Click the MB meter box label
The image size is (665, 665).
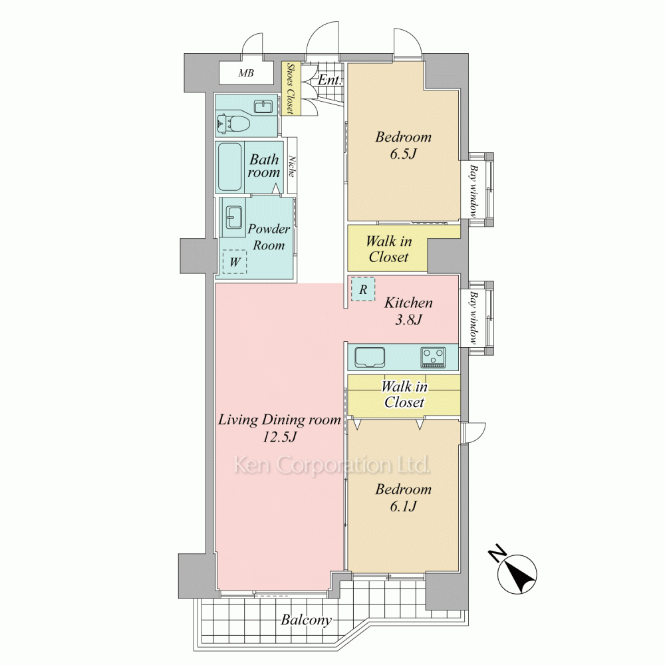(246, 73)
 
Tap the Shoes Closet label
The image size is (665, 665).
(291, 88)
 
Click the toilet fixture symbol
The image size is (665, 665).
(233, 123)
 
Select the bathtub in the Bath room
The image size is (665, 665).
(230, 167)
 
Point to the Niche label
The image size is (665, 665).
(292, 166)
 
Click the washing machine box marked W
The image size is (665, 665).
(235, 261)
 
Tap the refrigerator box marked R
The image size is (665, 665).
(363, 289)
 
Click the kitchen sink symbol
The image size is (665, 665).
(370, 358)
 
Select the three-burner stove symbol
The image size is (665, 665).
(433, 358)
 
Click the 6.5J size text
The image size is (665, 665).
(403, 154)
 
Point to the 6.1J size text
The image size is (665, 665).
(403, 506)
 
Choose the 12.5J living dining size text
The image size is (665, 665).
(279, 436)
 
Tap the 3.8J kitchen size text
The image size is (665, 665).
(408, 319)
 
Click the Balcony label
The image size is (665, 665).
(306, 620)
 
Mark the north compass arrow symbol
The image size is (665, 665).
(518, 574)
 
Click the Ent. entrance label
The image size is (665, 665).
(330, 80)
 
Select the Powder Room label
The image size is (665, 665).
(269, 237)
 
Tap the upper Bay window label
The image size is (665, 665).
(473, 190)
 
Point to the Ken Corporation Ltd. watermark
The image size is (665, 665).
(332, 465)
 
